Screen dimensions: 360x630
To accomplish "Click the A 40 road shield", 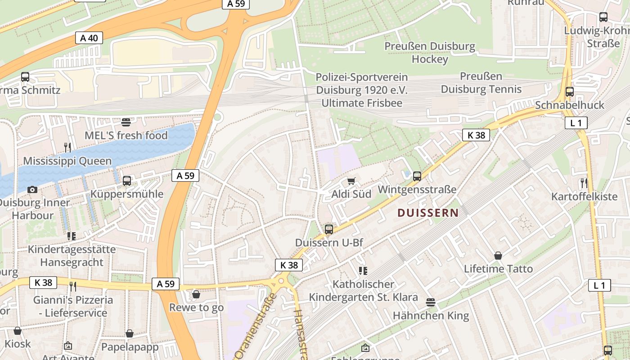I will (89, 38).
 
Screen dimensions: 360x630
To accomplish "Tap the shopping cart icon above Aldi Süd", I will (351, 181).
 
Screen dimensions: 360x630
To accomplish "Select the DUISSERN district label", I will (428, 213).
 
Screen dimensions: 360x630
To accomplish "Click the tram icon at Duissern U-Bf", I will (329, 229).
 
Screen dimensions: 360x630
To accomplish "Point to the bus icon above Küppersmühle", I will (127, 181).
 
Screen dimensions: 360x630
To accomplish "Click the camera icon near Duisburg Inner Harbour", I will (32, 189).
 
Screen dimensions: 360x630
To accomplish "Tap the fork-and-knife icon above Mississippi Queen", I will (67, 147).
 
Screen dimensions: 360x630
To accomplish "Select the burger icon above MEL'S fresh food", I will (126, 121).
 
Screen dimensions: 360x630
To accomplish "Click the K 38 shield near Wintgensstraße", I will (476, 135).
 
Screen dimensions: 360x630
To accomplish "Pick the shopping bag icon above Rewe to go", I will (196, 294).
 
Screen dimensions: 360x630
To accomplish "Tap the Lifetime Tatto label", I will (498, 269).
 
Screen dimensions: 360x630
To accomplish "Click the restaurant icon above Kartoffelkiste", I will (584, 183).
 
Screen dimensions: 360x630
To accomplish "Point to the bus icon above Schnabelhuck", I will (570, 92).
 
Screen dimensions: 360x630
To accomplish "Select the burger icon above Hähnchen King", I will (431, 302).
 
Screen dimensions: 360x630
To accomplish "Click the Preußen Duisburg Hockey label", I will (430, 52).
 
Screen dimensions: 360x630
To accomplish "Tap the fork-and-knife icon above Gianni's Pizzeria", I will (73, 286).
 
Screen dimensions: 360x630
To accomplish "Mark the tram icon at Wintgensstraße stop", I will (417, 176).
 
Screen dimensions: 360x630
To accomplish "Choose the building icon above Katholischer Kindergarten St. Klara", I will (363, 270).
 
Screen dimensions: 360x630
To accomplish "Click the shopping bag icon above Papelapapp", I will (130, 333).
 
